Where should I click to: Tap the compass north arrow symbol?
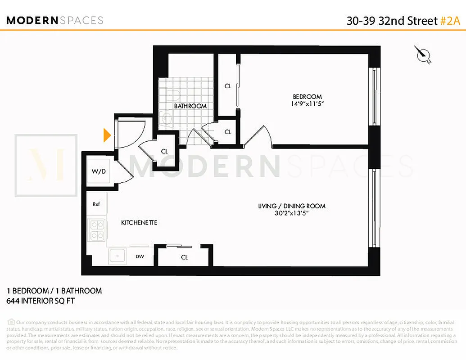coord(423,54)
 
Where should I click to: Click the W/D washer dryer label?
coord(98,171)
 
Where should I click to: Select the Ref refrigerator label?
coord(96,204)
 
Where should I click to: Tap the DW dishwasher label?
coord(140,257)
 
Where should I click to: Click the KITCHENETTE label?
coord(139,223)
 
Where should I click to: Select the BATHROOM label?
coord(190,106)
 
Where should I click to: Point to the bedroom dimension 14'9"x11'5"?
coord(308,103)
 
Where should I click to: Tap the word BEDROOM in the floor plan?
coord(308,96)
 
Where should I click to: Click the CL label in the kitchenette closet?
coord(184,257)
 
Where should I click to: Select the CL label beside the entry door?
coord(164,152)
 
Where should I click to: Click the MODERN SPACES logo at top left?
coord(55,20)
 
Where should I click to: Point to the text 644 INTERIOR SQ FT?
coord(41,301)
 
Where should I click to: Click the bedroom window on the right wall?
coord(373,97)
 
